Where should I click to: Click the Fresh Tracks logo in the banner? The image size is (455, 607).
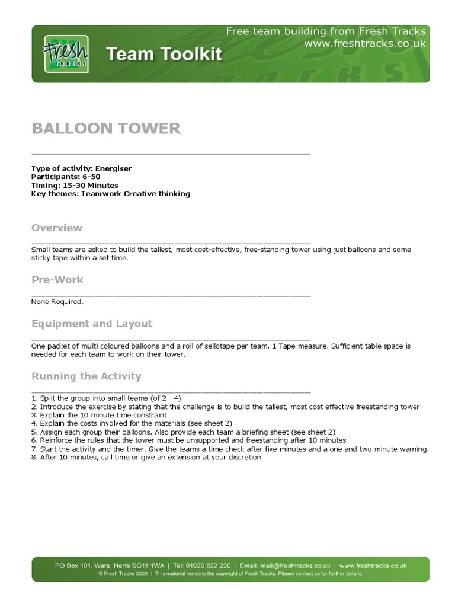pyautogui.click(x=66, y=54)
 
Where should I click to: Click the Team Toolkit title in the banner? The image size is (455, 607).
pyautogui.click(x=164, y=55)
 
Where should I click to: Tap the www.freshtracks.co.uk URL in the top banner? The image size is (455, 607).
pyautogui.click(x=365, y=44)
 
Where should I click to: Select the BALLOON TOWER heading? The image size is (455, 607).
pyautogui.click(x=106, y=128)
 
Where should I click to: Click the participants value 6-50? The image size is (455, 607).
pyautogui.click(x=91, y=177)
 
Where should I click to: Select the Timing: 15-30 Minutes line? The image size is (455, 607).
pyautogui.click(x=75, y=185)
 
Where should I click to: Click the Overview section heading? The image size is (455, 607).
pyautogui.click(x=57, y=228)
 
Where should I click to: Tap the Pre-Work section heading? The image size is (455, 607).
pyautogui.click(x=57, y=279)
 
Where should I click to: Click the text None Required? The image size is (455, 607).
pyautogui.click(x=57, y=302)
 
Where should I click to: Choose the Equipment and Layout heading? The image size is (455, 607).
pyautogui.click(x=92, y=324)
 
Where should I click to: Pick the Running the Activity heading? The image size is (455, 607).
pyautogui.click(x=86, y=376)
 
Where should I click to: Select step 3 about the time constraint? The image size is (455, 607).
pyautogui.click(x=99, y=415)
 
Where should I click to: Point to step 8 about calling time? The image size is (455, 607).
pyautogui.click(x=146, y=457)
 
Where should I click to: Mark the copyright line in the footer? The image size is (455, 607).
pyautogui.click(x=230, y=574)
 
